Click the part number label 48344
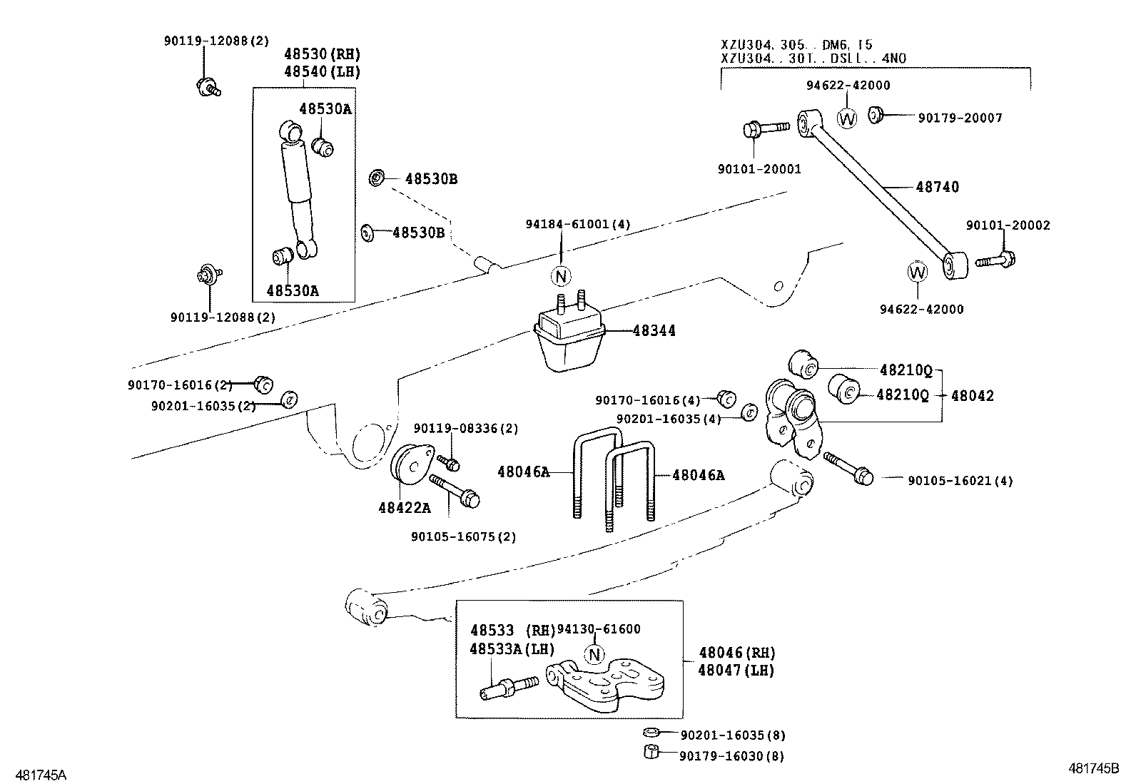(654, 331)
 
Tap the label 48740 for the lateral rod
(937, 187)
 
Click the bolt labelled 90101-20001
(763, 129)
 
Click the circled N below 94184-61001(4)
(561, 276)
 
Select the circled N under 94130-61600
(594, 654)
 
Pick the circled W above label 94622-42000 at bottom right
(917, 272)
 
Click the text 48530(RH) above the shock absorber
(322, 54)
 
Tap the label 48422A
(404, 507)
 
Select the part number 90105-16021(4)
(960, 481)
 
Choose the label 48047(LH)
(736, 671)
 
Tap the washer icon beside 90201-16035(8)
(651, 733)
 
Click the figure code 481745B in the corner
(1093, 769)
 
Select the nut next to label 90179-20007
(876, 114)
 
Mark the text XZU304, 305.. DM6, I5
(796, 44)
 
